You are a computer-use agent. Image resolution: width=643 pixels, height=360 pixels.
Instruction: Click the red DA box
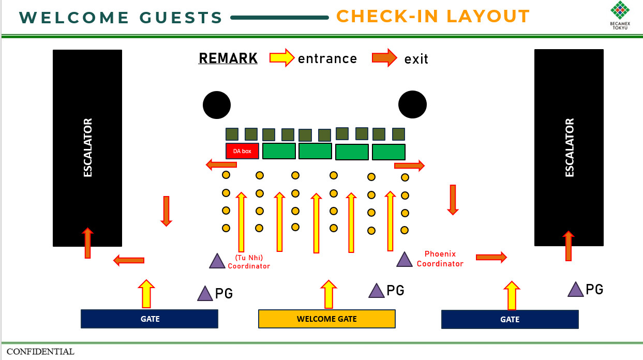point(242,151)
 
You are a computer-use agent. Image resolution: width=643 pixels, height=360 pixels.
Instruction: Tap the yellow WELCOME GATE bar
point(326,319)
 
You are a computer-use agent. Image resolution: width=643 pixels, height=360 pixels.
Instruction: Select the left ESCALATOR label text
point(88,148)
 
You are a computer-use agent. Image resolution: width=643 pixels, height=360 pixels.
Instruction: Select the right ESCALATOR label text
point(570,148)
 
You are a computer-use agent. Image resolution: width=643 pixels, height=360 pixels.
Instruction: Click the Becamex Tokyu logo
point(619,16)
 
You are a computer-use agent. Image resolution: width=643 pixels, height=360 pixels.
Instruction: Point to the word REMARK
point(228,58)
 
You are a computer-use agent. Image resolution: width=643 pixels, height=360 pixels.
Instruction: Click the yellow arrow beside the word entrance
point(282,57)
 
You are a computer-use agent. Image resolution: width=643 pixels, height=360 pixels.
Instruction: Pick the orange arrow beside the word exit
point(384,57)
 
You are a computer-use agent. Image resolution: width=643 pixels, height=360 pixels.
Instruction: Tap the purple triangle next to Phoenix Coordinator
point(405,260)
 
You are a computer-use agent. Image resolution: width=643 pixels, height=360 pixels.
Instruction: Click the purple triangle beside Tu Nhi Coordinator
point(217,261)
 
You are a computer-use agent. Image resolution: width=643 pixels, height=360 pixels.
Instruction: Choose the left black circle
point(217,105)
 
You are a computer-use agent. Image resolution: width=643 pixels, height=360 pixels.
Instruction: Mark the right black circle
point(412,104)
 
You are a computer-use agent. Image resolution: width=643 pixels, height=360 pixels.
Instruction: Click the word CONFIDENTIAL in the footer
point(40,352)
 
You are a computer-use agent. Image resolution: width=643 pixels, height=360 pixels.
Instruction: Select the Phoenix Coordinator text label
point(440,259)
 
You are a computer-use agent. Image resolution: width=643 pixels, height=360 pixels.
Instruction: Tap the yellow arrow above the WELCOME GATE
point(328,294)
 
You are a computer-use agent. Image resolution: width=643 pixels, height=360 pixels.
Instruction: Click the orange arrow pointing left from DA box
point(221,165)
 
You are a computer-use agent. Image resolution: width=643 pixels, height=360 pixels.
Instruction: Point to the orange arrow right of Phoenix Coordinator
point(491,257)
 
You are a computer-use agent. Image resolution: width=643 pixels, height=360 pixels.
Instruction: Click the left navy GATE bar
point(149,319)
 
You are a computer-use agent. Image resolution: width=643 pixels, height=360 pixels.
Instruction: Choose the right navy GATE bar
point(510,319)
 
